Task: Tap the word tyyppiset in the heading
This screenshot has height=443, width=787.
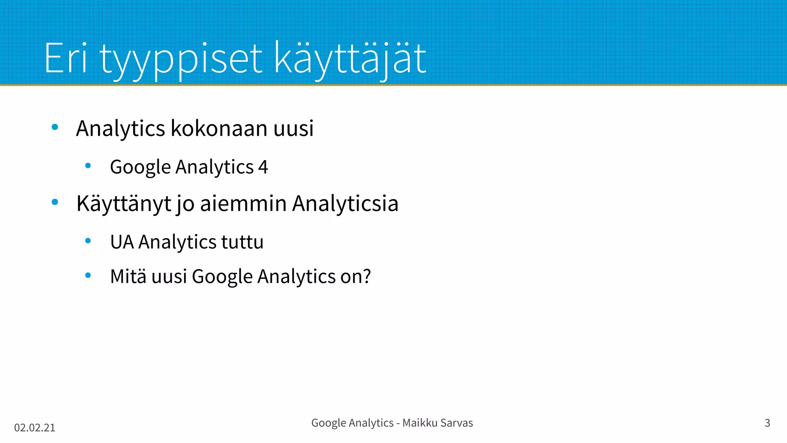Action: coord(181,60)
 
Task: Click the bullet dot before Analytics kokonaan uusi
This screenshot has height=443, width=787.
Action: coord(55,127)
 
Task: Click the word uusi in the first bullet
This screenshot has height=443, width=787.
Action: coord(293,128)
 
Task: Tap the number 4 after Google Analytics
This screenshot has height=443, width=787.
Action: coord(263,167)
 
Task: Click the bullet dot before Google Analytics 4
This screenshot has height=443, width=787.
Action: coord(88,166)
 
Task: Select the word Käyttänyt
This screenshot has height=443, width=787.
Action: coord(123,203)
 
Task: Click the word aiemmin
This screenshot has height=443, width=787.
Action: coord(243,203)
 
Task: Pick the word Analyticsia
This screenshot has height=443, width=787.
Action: coord(345,203)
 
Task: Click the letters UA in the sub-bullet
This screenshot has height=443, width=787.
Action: coord(122,242)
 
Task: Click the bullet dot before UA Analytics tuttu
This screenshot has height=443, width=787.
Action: coord(88,241)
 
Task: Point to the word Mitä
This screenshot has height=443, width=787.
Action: coord(128,276)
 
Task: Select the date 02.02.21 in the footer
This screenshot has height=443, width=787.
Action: coord(35,428)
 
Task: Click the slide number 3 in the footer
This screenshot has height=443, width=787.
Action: coord(767,423)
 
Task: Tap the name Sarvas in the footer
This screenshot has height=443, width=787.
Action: coord(457,423)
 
